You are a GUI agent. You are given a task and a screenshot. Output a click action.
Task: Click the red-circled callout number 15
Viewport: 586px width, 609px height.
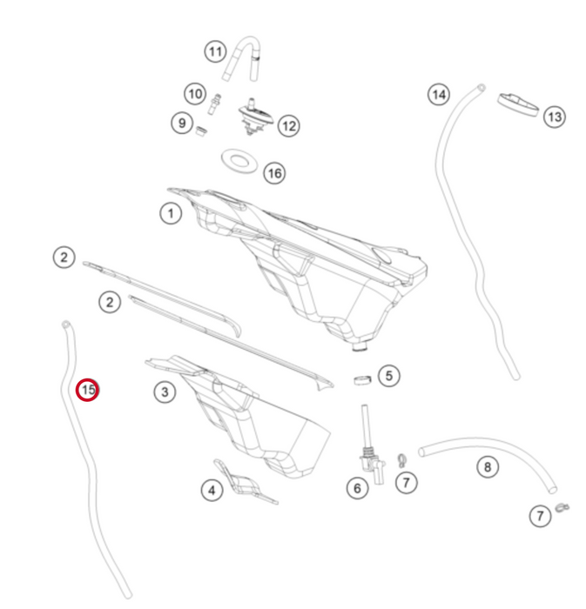coord(87,390)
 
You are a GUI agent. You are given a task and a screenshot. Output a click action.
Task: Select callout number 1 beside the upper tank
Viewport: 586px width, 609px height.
coord(171,213)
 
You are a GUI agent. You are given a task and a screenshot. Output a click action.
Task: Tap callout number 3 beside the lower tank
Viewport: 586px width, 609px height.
coord(165,391)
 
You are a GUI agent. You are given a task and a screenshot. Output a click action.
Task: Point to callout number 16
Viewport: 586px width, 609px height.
coord(275,173)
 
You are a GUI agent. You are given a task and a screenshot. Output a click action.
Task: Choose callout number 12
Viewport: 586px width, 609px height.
coord(289,126)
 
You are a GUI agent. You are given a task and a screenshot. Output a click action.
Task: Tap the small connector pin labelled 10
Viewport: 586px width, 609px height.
coord(214,104)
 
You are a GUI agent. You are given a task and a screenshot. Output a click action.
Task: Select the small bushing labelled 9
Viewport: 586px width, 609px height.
coord(200,131)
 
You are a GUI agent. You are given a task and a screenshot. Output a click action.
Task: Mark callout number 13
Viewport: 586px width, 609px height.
coord(555,117)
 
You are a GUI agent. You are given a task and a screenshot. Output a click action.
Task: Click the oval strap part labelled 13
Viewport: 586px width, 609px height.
coord(518,104)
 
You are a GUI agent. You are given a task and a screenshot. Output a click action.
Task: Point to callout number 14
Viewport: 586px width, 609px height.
coord(439,94)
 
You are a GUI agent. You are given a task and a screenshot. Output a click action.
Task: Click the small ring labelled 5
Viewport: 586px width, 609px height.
coord(362,379)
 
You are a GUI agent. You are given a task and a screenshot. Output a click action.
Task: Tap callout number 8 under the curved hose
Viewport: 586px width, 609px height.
coord(488,467)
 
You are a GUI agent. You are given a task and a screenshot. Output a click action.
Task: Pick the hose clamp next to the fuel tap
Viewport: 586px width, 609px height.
coord(401,460)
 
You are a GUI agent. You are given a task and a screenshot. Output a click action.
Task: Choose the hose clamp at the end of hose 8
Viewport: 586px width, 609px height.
coord(562,507)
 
